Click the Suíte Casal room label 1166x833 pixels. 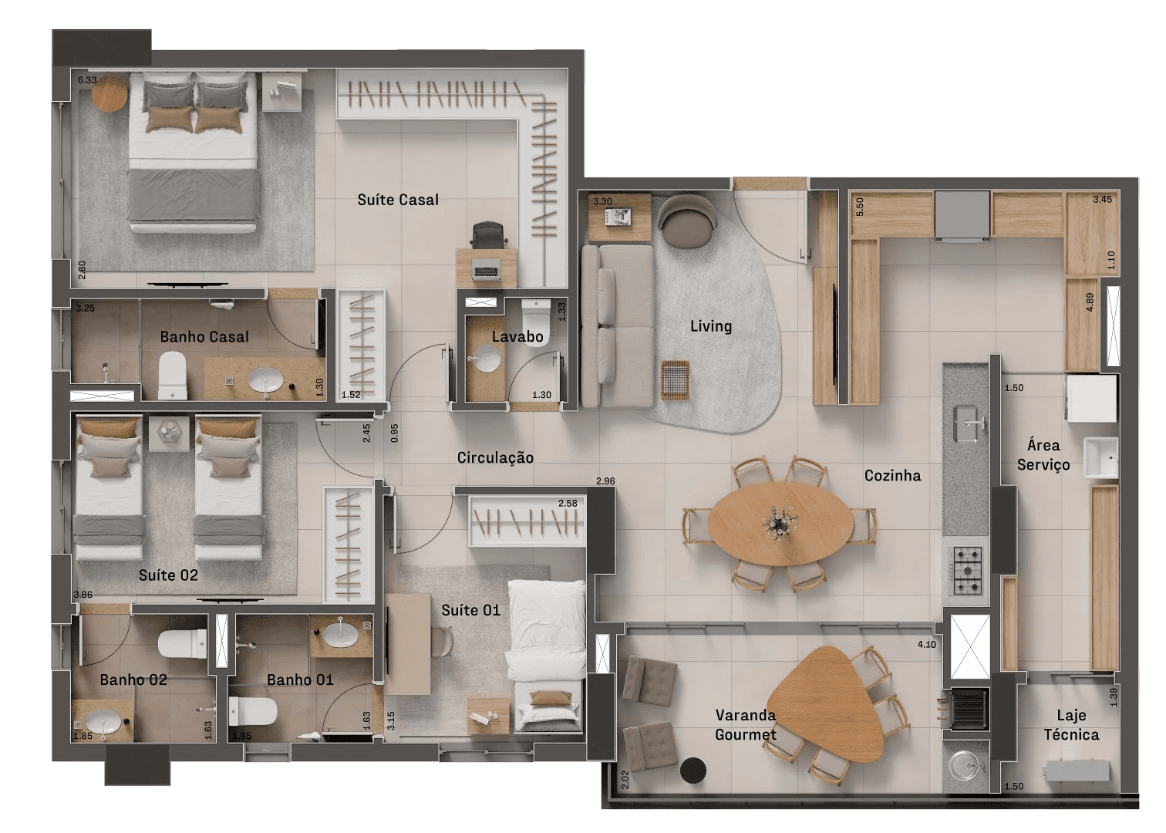(x=398, y=200)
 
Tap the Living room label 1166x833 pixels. (x=711, y=326)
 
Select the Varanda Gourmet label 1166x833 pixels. (x=746, y=725)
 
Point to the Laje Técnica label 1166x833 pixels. (x=1071, y=725)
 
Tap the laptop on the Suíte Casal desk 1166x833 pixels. (x=486, y=270)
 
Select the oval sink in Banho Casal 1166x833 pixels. (x=265, y=380)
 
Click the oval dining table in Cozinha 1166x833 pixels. (x=780, y=523)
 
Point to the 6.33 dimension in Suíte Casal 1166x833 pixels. (x=87, y=80)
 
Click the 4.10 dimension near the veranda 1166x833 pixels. (x=927, y=645)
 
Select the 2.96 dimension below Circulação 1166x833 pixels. (x=605, y=481)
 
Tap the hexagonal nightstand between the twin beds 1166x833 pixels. (x=169, y=433)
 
